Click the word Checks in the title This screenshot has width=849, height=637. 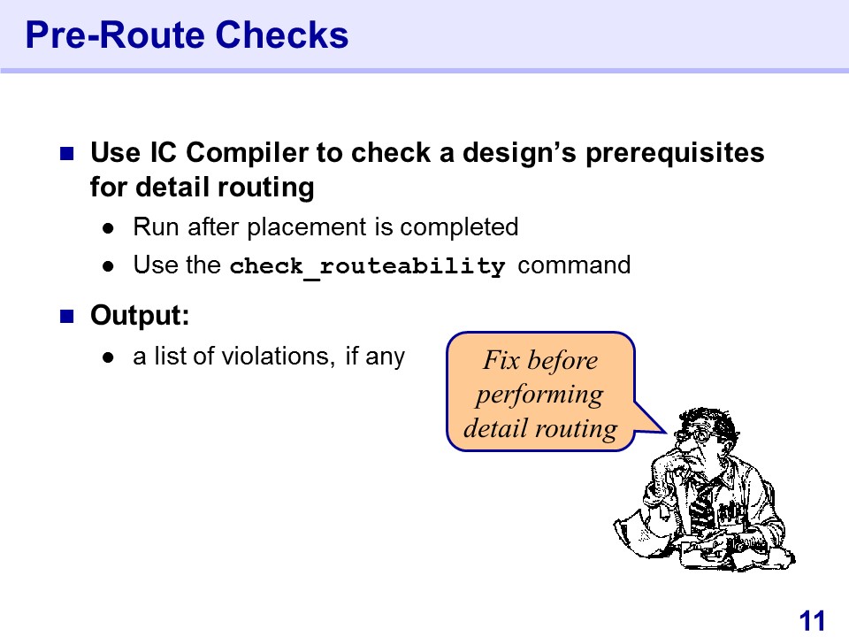(282, 35)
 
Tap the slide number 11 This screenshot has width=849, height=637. (812, 620)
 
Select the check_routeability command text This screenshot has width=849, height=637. (367, 266)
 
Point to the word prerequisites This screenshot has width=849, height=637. (675, 153)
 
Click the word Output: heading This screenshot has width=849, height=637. (140, 315)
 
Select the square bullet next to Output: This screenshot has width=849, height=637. (66, 317)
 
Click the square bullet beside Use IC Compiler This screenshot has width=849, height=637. (66, 154)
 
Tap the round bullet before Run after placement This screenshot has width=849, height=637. (108, 228)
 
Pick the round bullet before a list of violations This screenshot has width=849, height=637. (108, 357)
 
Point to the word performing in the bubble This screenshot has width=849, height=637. (539, 395)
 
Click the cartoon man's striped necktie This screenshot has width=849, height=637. (702, 506)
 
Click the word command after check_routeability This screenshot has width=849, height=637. (574, 265)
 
